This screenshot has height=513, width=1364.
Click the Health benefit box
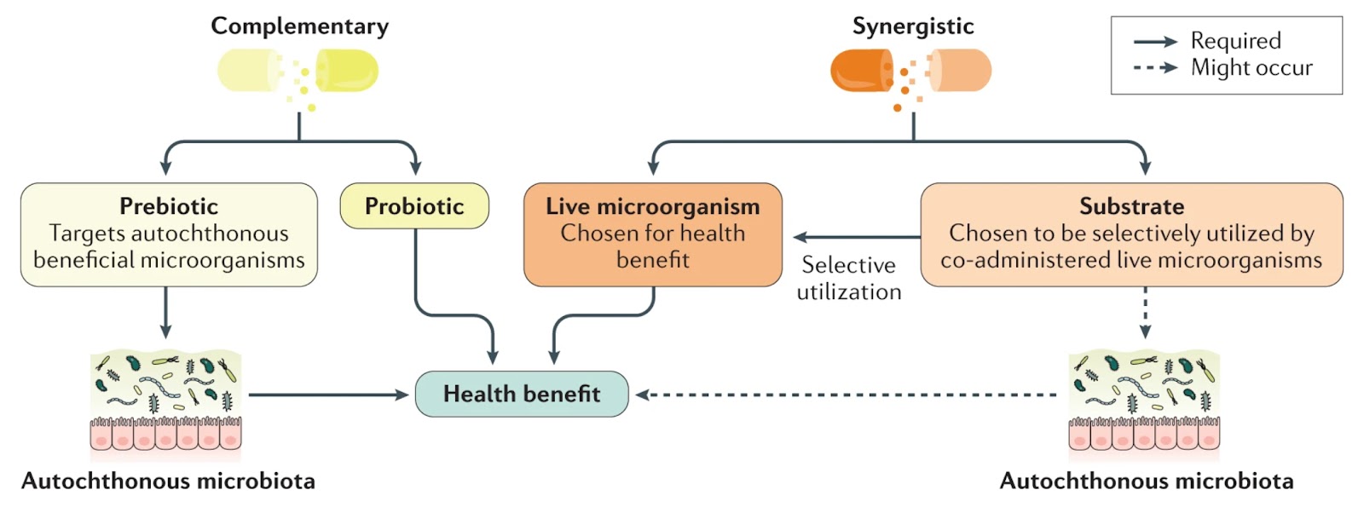(x=522, y=394)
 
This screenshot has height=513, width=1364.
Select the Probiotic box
(x=414, y=206)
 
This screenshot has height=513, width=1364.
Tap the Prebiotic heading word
(x=169, y=206)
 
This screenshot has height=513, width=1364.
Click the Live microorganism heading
(x=653, y=206)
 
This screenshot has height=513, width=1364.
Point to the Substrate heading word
(x=1131, y=206)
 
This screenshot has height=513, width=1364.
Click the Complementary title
(x=299, y=26)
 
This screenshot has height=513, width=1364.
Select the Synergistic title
(x=913, y=26)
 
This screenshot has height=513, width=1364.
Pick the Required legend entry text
(x=1235, y=41)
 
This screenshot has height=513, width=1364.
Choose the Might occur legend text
(x=1251, y=67)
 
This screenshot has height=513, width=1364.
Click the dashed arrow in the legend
(x=1155, y=67)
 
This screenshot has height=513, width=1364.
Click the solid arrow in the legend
(x=1155, y=41)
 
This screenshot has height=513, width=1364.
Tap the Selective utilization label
(x=849, y=279)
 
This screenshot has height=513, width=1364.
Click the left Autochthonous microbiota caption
(x=168, y=481)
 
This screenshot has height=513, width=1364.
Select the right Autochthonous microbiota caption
(x=1147, y=481)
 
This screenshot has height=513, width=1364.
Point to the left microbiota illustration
(x=166, y=401)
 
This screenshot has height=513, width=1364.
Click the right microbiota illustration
(x=1145, y=401)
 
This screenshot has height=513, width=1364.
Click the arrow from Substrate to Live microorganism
(x=857, y=237)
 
